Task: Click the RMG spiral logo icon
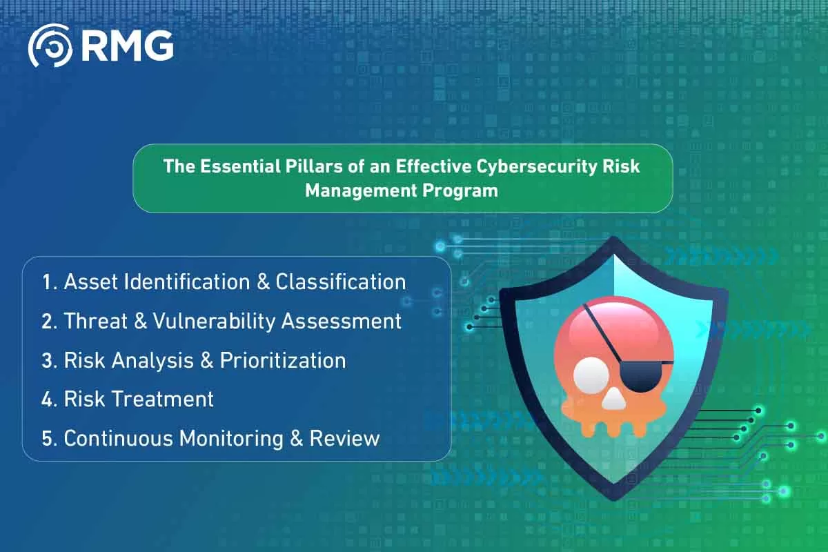click(49, 46)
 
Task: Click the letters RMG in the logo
click(127, 46)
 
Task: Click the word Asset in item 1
click(87, 282)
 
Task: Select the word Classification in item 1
click(341, 282)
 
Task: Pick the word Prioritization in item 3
click(283, 360)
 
